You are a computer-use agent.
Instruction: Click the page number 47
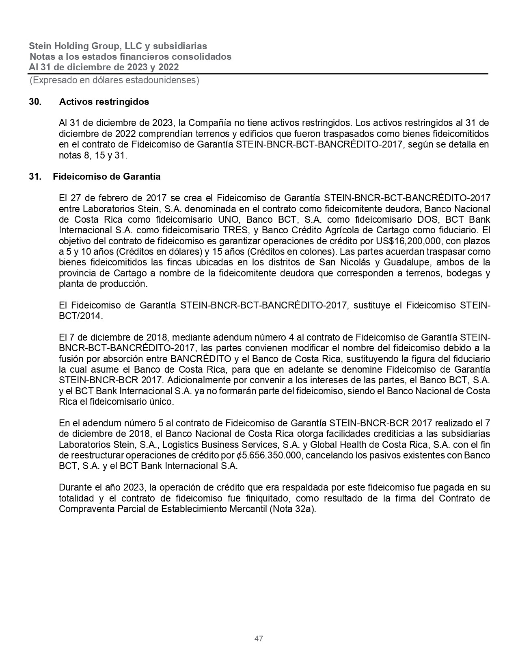click(x=259, y=638)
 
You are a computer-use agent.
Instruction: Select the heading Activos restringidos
click(x=104, y=102)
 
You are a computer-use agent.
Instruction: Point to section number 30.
click(x=35, y=102)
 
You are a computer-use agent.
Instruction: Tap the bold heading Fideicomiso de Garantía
click(x=106, y=176)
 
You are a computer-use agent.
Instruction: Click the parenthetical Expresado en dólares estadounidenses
click(x=114, y=80)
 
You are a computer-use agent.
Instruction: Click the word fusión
click(x=70, y=359)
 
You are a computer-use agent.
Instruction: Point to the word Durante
click(x=73, y=487)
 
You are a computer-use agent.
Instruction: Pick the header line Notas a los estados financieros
click(x=130, y=56)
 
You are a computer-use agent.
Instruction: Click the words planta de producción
click(x=102, y=284)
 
